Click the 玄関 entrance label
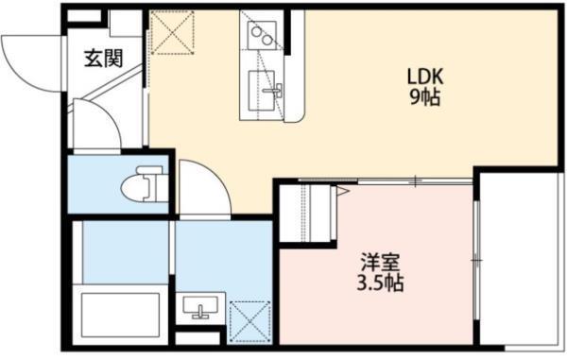click(103, 59)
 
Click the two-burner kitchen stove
click(261, 37)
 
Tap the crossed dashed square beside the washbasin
click(249, 321)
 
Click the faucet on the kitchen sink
click(277, 92)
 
